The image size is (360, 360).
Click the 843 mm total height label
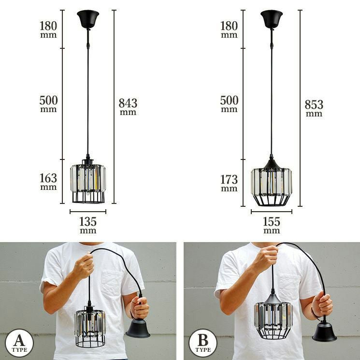coord(128,107)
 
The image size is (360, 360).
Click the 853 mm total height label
coord(314,108)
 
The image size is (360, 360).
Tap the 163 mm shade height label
coord(48,182)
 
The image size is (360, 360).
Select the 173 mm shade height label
coord(229,183)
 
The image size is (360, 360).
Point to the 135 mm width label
coord(88,225)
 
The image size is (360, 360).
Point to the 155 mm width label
coord(272,225)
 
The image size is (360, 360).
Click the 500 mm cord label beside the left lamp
coord(48,104)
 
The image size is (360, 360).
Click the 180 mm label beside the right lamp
coord(229,29)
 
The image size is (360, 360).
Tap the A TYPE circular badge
coord(19,343)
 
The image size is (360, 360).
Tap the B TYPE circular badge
coord(203,343)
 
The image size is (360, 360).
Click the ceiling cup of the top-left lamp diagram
coord(88,19)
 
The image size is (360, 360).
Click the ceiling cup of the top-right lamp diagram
coord(272,19)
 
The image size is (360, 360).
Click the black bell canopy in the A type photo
coord(138,329)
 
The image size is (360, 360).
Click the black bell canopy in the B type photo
coord(324,332)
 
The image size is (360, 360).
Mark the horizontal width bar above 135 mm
coord(88,212)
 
